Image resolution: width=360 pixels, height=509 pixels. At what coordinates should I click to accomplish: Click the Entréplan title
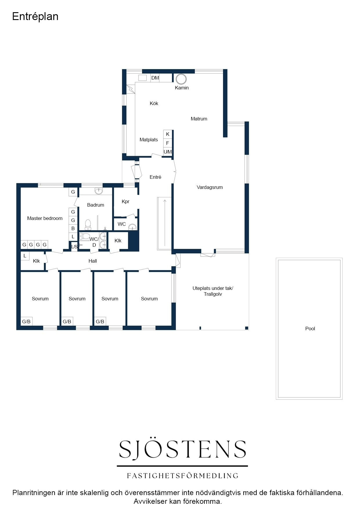point(35,17)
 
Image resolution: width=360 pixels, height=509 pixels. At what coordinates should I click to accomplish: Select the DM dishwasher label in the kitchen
point(155,78)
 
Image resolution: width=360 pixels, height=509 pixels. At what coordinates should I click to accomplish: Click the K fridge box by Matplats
point(168,134)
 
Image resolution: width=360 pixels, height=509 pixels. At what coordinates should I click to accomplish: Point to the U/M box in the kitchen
point(168,152)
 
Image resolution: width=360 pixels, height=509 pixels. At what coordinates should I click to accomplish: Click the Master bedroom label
point(45,218)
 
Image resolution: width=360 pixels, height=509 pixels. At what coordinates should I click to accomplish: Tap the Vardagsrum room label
point(210,187)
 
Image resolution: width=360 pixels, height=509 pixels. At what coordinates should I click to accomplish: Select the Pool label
point(310,328)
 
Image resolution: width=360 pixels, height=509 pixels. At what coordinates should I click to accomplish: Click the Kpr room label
point(125,201)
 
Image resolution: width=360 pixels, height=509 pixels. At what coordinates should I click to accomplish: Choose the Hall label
point(93,261)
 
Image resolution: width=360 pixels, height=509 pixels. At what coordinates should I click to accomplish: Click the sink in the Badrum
point(99,191)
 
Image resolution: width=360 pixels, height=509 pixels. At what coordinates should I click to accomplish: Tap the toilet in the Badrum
point(88,224)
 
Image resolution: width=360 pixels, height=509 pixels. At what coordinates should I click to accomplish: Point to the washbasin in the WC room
point(132,227)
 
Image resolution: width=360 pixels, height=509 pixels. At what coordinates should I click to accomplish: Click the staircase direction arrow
point(165,223)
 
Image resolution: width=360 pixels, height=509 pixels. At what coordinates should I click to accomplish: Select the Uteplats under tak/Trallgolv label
point(213,291)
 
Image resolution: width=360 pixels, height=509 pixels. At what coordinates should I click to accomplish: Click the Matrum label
point(199,119)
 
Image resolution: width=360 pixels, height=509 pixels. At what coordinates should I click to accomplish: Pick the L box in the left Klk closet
point(25,256)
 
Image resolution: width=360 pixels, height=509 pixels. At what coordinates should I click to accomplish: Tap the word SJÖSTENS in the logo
point(183,449)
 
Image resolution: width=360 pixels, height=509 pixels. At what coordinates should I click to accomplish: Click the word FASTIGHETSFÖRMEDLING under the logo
point(183,476)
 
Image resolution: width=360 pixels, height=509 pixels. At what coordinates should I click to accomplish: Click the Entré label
point(155,177)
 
